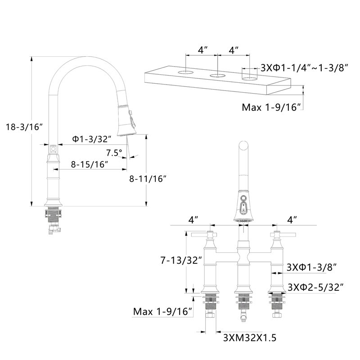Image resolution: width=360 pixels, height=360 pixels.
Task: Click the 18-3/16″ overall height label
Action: (25, 127)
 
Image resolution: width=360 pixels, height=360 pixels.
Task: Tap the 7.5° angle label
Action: (114, 153)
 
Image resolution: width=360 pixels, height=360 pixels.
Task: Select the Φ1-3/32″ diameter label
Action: (92, 139)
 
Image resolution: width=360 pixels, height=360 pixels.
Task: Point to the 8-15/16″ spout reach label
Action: (89, 164)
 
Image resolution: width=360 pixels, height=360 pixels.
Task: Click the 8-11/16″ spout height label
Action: (148, 179)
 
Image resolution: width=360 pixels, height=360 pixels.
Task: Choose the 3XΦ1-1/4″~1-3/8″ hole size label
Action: (305, 68)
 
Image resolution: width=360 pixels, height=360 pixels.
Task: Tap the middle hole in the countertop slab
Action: (217, 76)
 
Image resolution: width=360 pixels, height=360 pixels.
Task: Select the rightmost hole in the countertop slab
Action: (250, 79)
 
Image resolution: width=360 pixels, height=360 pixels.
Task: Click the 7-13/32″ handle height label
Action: (181, 261)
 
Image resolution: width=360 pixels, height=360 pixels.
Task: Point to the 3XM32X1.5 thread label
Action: (250, 338)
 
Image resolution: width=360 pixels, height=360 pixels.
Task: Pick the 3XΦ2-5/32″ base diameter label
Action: (315, 287)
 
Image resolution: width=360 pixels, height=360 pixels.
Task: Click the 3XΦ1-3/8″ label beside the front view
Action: (312, 267)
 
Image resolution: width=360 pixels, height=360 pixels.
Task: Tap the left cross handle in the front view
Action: (204, 234)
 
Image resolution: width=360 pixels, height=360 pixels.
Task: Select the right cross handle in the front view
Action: (283, 234)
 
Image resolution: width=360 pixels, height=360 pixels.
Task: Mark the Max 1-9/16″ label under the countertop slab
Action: (271, 107)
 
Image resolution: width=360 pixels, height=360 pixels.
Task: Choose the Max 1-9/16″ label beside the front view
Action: (162, 311)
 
